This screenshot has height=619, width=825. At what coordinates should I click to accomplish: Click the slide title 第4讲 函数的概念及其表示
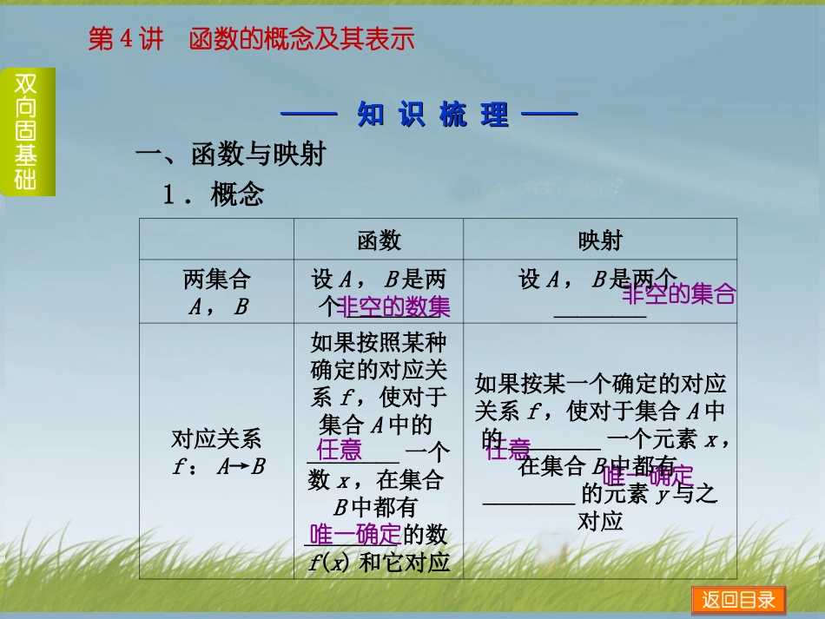pyautogui.click(x=251, y=39)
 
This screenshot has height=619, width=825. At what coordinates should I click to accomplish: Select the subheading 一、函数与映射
pyautogui.click(x=231, y=155)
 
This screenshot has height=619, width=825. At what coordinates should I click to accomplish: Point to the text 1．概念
pyautogui.click(x=214, y=195)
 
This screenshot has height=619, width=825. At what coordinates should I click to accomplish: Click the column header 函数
pyautogui.click(x=379, y=240)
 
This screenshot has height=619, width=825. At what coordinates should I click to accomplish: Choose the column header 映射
pyautogui.click(x=599, y=240)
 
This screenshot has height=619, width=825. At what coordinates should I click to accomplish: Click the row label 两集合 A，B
pyautogui.click(x=216, y=293)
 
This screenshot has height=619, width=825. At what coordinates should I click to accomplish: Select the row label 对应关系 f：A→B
pyautogui.click(x=216, y=452)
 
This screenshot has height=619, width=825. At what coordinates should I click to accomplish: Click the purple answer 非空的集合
pyautogui.click(x=678, y=295)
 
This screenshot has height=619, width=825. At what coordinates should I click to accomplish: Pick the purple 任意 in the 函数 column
pyautogui.click(x=340, y=450)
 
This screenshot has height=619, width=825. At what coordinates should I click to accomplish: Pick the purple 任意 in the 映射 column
pyautogui.click(x=508, y=449)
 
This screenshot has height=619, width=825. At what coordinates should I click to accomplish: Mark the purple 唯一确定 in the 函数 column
pyautogui.click(x=354, y=534)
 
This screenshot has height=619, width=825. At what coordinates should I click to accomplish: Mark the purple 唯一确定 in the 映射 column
pyautogui.click(x=648, y=476)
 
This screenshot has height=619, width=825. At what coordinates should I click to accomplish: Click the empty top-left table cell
pyautogui.click(x=216, y=240)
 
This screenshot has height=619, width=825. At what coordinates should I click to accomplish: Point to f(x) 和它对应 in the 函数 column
pyautogui.click(x=379, y=563)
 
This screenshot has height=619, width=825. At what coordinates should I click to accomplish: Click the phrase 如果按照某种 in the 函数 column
pyautogui.click(x=379, y=341)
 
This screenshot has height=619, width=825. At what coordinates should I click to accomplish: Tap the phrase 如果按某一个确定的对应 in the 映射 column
pyautogui.click(x=600, y=383)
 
